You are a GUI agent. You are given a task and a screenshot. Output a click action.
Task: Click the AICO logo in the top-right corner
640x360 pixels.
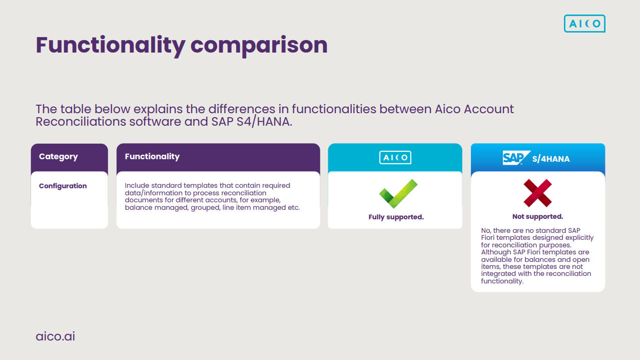pos(584,24)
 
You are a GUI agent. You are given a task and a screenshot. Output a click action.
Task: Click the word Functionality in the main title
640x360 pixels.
pos(110,45)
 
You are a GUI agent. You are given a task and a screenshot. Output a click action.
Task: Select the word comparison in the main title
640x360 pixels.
pos(259,45)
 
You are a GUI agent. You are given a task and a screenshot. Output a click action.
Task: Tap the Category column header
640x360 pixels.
pos(59,157)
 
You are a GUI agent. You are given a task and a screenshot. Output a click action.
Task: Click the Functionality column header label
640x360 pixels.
pos(152,157)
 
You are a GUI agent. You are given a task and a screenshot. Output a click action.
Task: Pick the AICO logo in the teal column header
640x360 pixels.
pos(395,158)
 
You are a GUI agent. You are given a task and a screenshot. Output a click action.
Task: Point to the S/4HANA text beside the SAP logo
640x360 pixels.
pos(551,159)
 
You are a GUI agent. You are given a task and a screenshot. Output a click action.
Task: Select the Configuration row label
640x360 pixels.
pos(63,186)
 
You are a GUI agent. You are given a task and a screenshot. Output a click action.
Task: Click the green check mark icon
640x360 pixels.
pos(398,194)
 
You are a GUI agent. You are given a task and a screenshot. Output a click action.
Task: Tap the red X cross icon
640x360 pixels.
pos(537,193)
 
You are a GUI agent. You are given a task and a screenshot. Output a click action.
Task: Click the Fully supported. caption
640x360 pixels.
pos(396,217)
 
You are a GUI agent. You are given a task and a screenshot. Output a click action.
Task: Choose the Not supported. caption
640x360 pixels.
pos(537,217)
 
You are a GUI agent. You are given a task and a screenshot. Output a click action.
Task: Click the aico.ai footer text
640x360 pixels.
pos(56,336)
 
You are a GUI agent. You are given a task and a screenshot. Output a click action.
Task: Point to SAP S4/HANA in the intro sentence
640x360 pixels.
pos(251,122)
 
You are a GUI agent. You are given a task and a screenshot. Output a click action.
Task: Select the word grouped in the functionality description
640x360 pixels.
pos(205,207)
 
